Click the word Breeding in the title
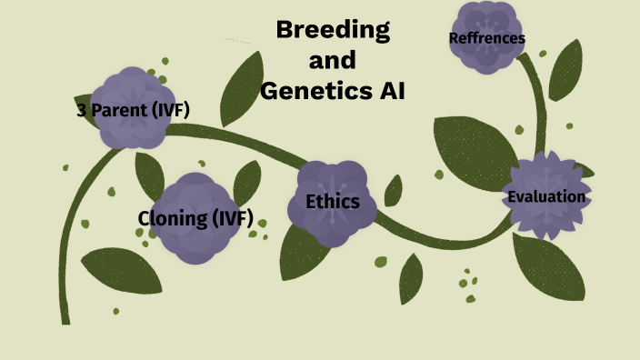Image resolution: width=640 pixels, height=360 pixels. pos(333,30)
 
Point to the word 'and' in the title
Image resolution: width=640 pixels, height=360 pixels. pos(333,61)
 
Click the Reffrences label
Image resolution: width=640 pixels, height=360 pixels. pos(487,38)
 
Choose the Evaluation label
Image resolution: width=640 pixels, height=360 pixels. pos(546,197)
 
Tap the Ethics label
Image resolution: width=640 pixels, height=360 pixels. pos(333,202)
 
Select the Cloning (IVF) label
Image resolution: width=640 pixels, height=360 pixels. pos(195,218)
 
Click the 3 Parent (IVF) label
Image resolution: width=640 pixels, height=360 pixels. pos(134,112)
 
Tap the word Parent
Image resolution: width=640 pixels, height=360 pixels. pos(122,112)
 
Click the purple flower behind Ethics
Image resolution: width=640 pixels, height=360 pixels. pos(333,182)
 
